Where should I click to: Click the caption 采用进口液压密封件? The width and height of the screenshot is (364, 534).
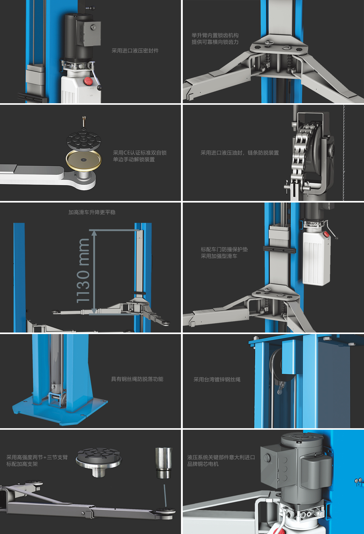pyautogui.click(x=135, y=51)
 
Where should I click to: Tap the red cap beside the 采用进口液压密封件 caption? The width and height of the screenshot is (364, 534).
pyautogui.click(x=88, y=81)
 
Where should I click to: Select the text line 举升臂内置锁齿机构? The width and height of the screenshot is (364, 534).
pyautogui.click(x=215, y=35)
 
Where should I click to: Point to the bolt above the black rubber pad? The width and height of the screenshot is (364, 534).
pyautogui.click(x=84, y=121)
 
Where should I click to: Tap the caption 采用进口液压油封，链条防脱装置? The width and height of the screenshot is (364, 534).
pyautogui.click(x=240, y=153)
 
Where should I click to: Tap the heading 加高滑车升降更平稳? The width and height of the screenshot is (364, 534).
pyautogui.click(x=92, y=212)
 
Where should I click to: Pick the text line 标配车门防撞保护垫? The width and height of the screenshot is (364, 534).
pyautogui.click(x=224, y=249)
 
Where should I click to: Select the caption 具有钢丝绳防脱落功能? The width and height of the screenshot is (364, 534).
pyautogui.click(x=137, y=379)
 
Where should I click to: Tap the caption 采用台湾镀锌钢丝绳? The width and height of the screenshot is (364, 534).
pyautogui.click(x=217, y=380)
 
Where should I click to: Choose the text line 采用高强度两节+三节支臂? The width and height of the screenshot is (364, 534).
pyautogui.click(x=37, y=457)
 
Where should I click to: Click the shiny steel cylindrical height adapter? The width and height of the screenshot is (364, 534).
pyautogui.click(x=164, y=463)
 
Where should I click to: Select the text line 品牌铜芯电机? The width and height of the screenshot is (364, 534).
pyautogui.click(x=203, y=464)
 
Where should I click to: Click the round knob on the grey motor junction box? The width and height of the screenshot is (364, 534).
pyautogui.click(x=267, y=457)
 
